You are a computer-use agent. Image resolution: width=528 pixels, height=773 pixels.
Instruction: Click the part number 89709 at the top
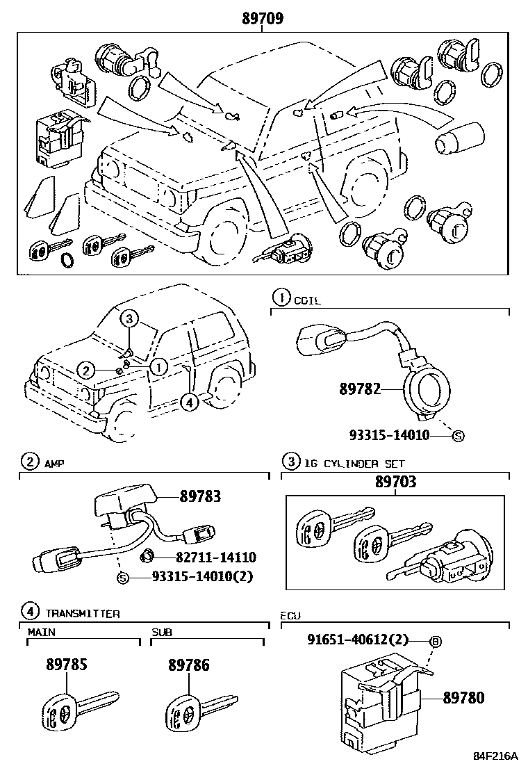[x=263, y=19]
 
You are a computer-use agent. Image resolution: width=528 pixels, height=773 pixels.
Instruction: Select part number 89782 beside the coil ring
[x=361, y=389]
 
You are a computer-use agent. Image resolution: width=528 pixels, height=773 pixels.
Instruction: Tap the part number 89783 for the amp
[x=200, y=496]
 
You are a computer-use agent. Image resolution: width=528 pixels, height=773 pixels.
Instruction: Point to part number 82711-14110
[x=206, y=557]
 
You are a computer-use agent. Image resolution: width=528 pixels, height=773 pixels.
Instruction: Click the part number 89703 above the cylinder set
[x=396, y=482]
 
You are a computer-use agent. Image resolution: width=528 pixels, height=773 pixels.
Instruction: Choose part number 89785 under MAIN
[x=67, y=665]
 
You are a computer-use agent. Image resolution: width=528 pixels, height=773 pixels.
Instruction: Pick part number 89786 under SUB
[x=188, y=665]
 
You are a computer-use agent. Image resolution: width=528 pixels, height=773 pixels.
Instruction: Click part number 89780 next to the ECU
[x=463, y=697]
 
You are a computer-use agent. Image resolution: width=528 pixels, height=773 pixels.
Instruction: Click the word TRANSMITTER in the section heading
[x=83, y=613]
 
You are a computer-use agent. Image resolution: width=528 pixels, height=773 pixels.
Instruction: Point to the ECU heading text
[x=290, y=616]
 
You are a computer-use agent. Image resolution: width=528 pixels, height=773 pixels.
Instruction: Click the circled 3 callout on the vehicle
[x=129, y=319]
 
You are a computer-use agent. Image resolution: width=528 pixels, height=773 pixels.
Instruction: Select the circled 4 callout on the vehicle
[x=188, y=400]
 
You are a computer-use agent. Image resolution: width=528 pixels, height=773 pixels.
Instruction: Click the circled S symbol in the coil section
[x=458, y=436]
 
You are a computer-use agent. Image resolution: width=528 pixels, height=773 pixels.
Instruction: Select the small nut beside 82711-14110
[x=147, y=556]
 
